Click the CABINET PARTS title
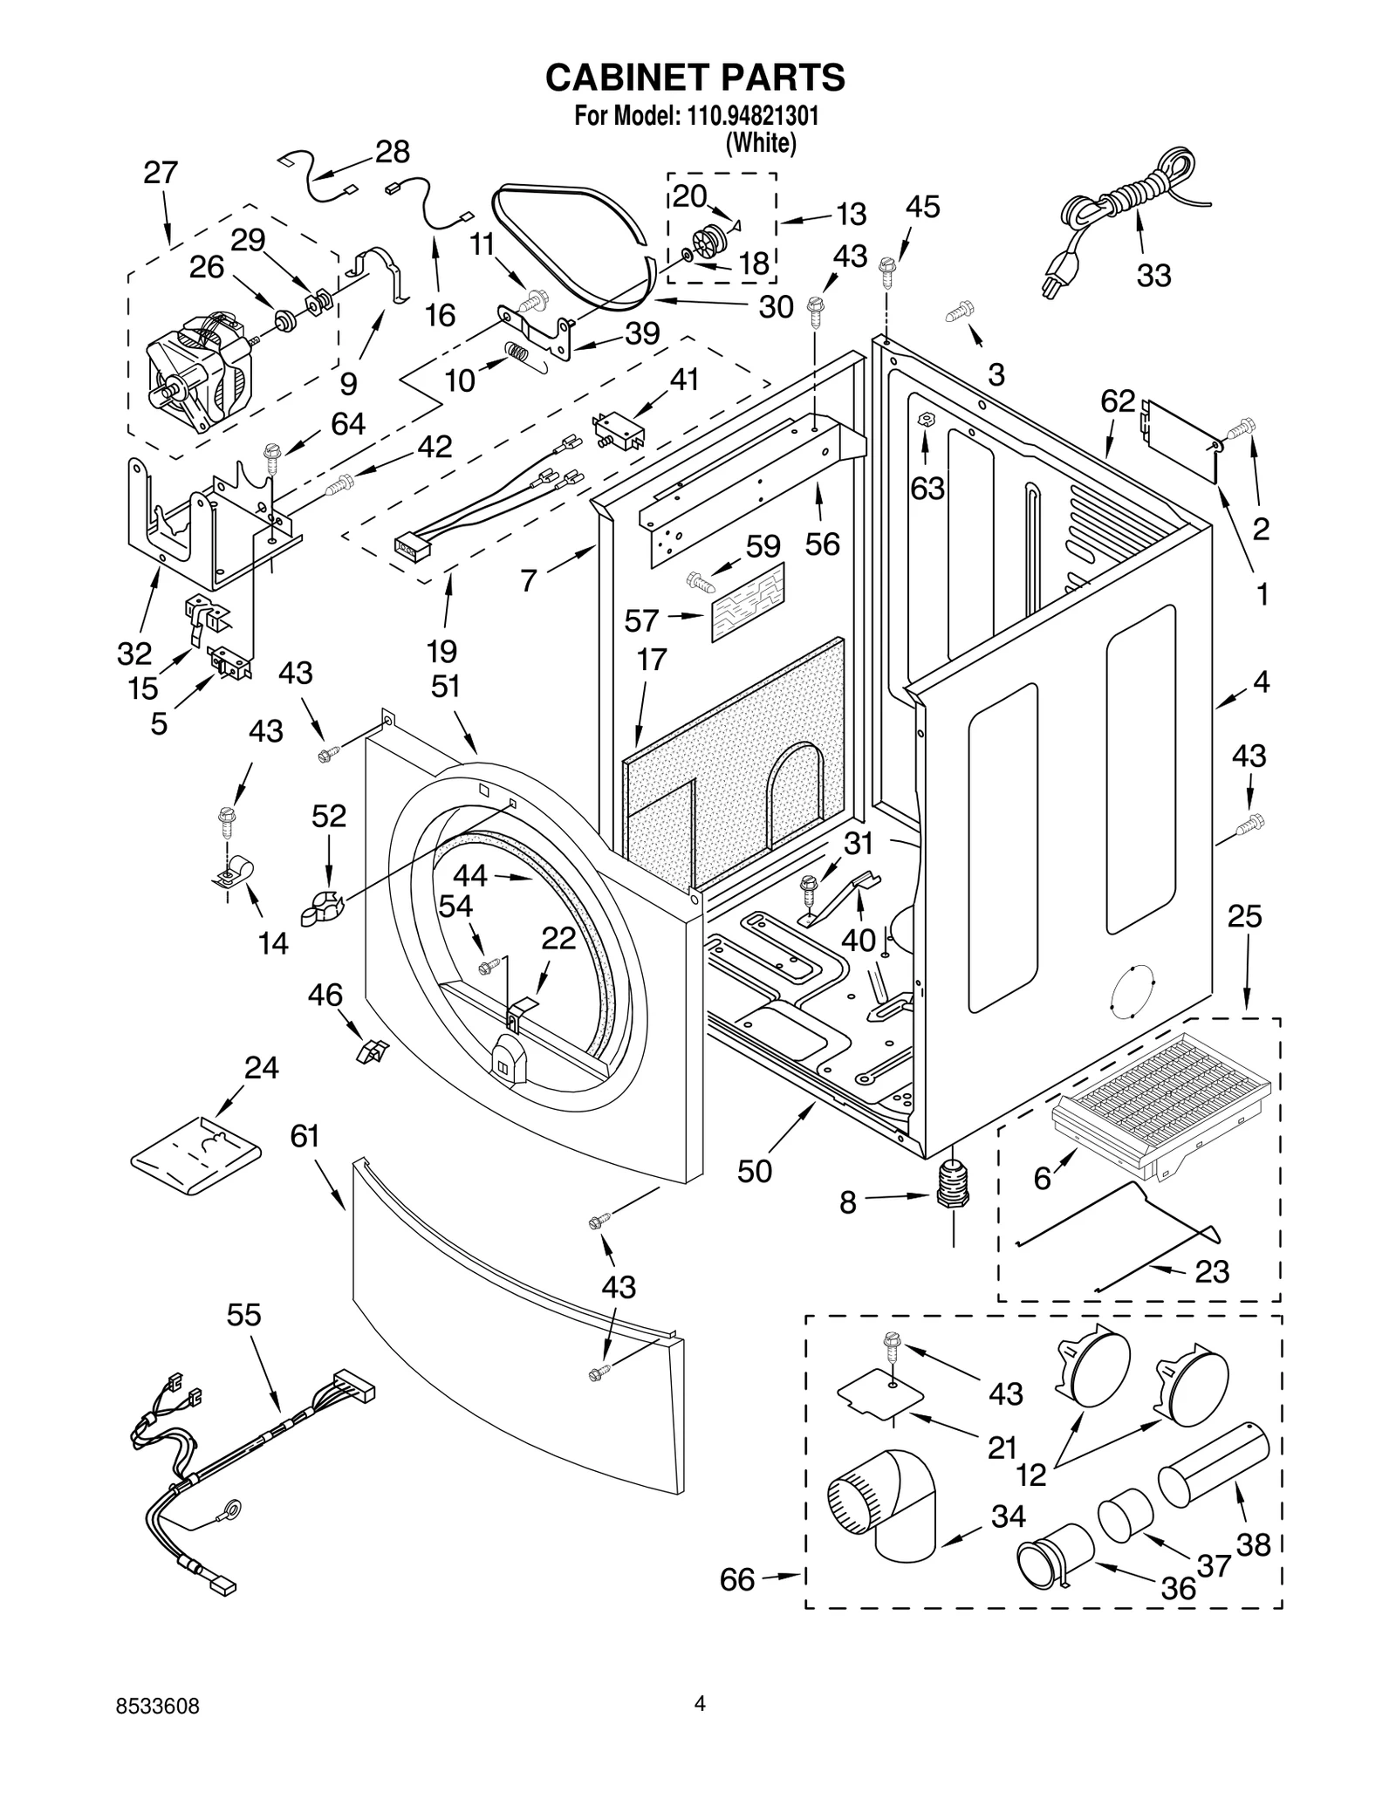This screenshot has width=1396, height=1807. pyautogui.click(x=695, y=78)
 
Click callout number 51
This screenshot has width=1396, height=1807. pyautogui.click(x=445, y=687)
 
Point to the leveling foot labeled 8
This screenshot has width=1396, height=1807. pyautogui.click(x=953, y=1189)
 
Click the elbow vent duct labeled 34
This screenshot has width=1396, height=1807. pyautogui.click(x=883, y=1513)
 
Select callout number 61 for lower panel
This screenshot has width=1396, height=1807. pyautogui.click(x=305, y=1137)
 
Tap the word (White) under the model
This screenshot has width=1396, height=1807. pyautogui.click(x=761, y=142)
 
